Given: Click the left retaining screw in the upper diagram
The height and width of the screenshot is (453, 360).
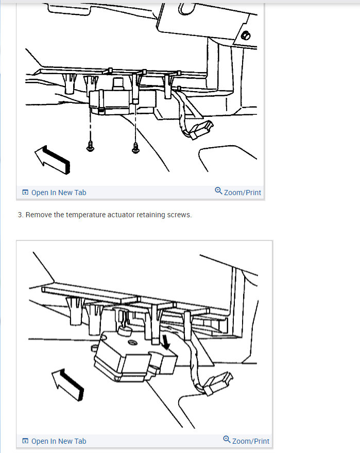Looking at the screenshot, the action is pyautogui.click(x=90, y=146).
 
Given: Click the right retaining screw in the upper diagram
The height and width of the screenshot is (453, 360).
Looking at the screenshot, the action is pyautogui.click(x=135, y=148).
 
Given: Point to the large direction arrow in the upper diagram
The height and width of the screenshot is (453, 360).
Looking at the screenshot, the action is pyautogui.click(x=53, y=160).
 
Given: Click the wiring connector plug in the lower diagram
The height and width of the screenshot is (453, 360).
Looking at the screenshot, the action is pyautogui.click(x=218, y=383).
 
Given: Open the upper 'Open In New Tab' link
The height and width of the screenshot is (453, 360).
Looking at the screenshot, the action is pyautogui.click(x=59, y=193).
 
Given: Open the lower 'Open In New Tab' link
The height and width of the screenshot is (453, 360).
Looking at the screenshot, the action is pyautogui.click(x=59, y=441).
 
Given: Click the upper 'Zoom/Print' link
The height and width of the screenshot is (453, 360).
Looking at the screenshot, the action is pyautogui.click(x=242, y=193).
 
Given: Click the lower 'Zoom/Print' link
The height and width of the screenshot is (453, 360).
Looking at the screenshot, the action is pyautogui.click(x=251, y=441).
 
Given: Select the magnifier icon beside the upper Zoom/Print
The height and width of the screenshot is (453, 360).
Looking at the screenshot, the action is pyautogui.click(x=218, y=191).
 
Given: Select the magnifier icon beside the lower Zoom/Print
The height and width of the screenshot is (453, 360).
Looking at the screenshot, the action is pyautogui.click(x=227, y=440).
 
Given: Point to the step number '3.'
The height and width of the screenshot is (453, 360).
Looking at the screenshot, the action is pyautogui.click(x=20, y=215).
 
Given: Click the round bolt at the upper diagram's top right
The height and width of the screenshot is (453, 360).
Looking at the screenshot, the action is pyautogui.click(x=246, y=36).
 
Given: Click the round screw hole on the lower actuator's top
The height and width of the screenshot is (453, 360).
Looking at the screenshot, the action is pyautogui.click(x=132, y=342).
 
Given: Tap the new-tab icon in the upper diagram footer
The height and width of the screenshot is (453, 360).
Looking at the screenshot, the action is pyautogui.click(x=25, y=192).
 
